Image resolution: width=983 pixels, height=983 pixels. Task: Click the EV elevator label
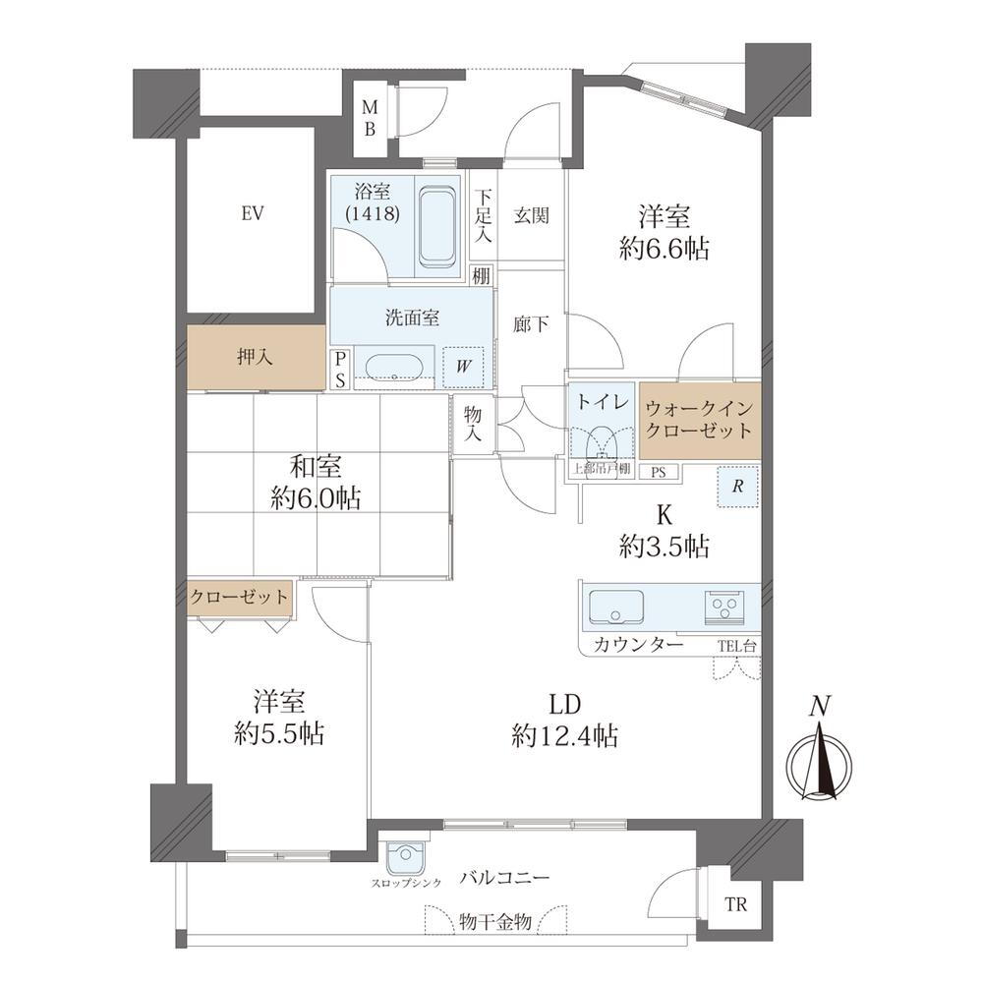pyautogui.click(x=252, y=214)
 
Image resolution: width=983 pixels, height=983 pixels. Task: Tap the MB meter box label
pyautogui.click(x=370, y=118)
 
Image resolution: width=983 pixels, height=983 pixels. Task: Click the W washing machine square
pyautogui.click(x=463, y=368)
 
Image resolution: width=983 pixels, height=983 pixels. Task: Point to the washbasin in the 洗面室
pyautogui.click(x=394, y=368)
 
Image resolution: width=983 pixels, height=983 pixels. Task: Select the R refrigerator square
pyautogui.click(x=738, y=487)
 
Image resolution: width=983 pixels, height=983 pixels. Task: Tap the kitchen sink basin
pyautogui.click(x=615, y=607)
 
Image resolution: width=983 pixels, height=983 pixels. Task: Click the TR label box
pyautogui.click(x=735, y=904)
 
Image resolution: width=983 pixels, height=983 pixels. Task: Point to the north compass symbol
pyautogui.click(x=820, y=761)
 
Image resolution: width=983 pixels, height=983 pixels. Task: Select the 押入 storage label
pyautogui.click(x=255, y=358)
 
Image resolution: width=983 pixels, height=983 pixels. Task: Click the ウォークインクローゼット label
pyautogui.click(x=699, y=420)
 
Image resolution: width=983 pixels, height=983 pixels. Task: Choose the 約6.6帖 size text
pyautogui.click(x=664, y=249)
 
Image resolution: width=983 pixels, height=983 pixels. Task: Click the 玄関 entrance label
pyautogui.click(x=531, y=215)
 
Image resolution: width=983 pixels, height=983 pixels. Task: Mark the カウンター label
pyautogui.click(x=637, y=645)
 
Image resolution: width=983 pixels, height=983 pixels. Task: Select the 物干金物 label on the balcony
pyautogui.click(x=495, y=922)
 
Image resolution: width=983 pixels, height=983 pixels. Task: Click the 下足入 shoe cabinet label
pyautogui.click(x=483, y=216)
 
